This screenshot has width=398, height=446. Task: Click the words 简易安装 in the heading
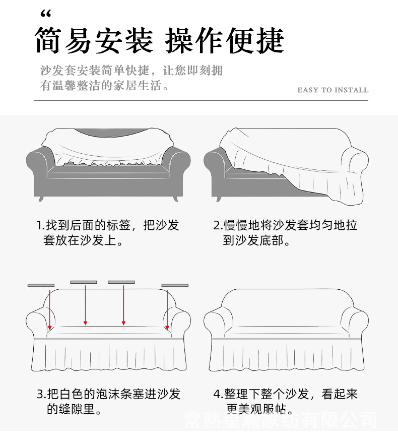click(x=94, y=40)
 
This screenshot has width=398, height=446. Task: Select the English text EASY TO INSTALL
click(x=333, y=90)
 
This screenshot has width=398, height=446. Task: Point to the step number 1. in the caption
click(x=40, y=225)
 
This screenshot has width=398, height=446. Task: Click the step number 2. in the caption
click(x=218, y=225)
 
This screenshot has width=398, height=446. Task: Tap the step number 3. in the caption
click(x=41, y=394)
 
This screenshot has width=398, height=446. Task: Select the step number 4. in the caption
click(x=218, y=394)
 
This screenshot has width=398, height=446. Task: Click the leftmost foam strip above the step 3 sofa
click(x=41, y=285)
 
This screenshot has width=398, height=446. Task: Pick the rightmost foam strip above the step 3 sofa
click(x=175, y=285)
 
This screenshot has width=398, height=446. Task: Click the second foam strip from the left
click(x=83, y=282)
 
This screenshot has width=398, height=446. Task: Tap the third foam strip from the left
click(x=121, y=282)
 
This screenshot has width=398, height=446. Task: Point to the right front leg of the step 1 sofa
click(x=175, y=199)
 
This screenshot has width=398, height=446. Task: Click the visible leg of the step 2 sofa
click(x=219, y=199)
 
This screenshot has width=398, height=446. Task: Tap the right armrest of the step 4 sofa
click(x=355, y=323)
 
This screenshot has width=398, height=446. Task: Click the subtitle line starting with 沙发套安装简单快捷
click(x=131, y=71)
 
